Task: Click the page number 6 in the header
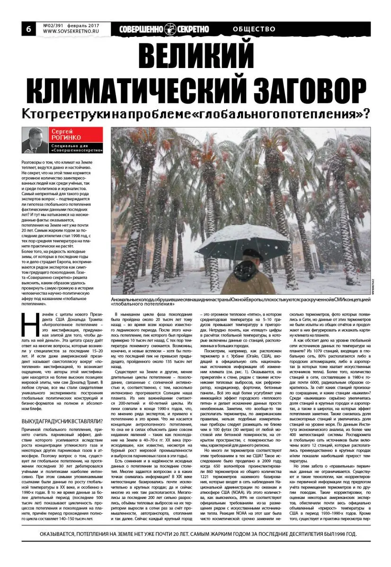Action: tap(28, 29)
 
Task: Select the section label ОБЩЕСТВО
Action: tap(254, 29)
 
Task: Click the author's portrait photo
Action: tap(35, 140)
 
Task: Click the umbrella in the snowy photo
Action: tap(243, 242)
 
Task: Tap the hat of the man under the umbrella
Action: tap(254, 254)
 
